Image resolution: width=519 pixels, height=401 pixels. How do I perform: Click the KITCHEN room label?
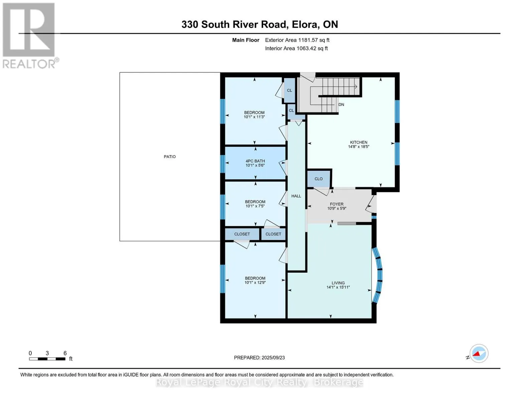click(x=358, y=142)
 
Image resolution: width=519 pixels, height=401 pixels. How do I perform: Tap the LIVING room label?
click(x=338, y=283)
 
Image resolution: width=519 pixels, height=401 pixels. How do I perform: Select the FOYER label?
click(x=337, y=204)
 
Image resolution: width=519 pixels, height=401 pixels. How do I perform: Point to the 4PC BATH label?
click(x=255, y=161)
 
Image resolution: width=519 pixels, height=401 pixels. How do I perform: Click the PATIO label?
click(x=170, y=157)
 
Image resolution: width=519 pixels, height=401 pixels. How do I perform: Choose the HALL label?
click(x=296, y=196)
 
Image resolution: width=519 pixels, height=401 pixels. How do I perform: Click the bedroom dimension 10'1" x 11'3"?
click(x=254, y=117)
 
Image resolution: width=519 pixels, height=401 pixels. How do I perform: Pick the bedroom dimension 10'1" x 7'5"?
click(x=255, y=206)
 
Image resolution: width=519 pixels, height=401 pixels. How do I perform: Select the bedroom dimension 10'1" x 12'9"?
click(x=255, y=283)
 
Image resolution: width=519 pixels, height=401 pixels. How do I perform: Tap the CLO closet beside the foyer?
click(x=318, y=179)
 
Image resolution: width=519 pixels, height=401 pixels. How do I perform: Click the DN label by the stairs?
click(x=341, y=105)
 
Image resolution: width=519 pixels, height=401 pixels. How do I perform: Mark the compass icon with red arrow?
click(x=479, y=353)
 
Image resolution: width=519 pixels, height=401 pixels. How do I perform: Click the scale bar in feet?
click(x=47, y=359)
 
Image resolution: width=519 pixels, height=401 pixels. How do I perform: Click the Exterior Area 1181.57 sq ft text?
click(x=297, y=40)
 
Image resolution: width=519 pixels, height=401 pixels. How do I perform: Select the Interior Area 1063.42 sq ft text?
click(x=296, y=48)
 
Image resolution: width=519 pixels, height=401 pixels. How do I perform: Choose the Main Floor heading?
click(x=246, y=40)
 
